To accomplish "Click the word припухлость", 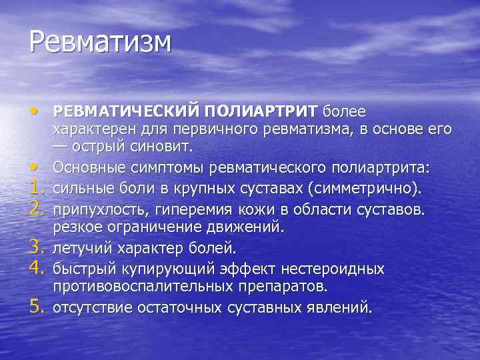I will pos(101,211).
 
